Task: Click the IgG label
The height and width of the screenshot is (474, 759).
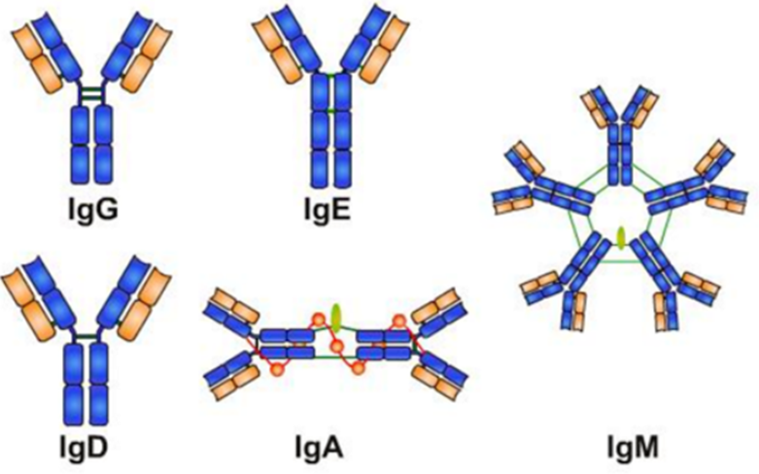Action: (x=92, y=211)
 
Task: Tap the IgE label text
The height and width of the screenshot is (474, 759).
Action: (x=328, y=211)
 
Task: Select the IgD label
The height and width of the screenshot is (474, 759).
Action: (x=84, y=449)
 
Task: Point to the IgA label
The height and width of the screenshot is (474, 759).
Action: (x=320, y=449)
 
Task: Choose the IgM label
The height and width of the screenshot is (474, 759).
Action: (x=633, y=449)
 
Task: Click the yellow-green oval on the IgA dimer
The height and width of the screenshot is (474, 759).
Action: (x=335, y=318)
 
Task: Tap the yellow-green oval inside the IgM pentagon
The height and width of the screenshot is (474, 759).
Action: (x=621, y=238)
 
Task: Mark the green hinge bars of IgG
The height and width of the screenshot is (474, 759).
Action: (x=92, y=94)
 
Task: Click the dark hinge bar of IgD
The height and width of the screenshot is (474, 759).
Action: (x=83, y=335)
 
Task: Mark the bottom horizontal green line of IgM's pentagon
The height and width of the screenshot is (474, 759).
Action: (x=621, y=262)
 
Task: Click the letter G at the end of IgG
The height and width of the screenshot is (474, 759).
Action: (x=106, y=209)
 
